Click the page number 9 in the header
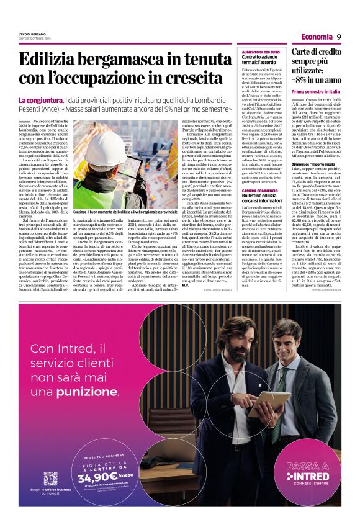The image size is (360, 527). coord(340,37)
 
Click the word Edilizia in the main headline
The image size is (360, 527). coord(47,60)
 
